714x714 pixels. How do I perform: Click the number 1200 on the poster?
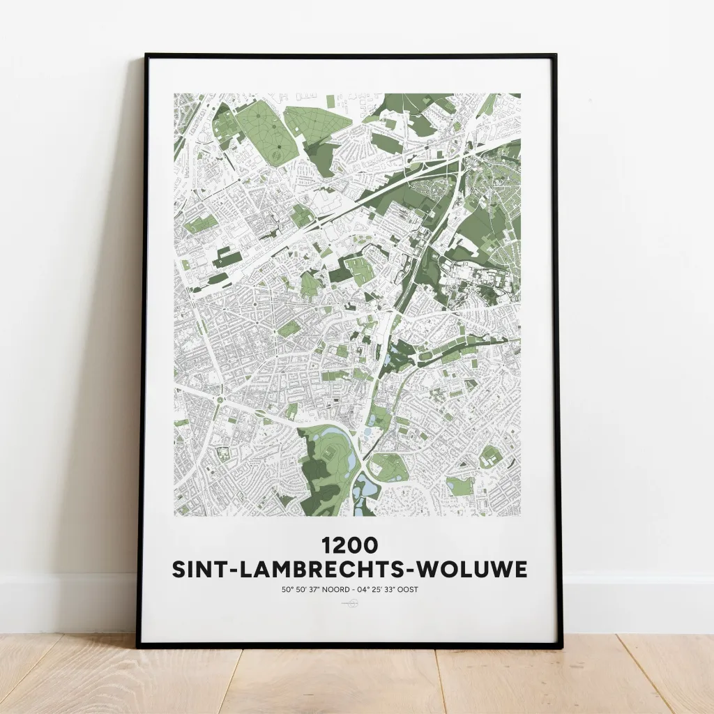(349, 544)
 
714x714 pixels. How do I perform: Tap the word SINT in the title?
(200, 570)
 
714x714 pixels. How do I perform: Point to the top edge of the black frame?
(349, 56)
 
